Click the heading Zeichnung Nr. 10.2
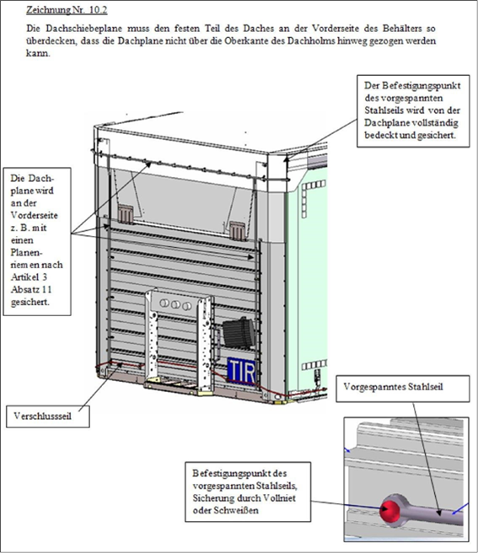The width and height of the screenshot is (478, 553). click(67, 10)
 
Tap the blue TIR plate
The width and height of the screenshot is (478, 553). click(242, 371)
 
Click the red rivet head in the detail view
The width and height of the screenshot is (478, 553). click(389, 510)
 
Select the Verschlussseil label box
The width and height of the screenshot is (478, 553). click(47, 416)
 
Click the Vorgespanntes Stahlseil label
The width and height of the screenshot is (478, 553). click(394, 387)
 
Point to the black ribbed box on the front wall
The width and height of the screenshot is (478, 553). click(239, 333)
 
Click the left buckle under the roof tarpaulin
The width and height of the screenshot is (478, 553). click(126, 213)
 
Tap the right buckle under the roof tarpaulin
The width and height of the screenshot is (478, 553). click(238, 230)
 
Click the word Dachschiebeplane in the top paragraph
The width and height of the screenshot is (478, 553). click(83, 28)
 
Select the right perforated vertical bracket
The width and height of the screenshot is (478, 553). click(205, 346)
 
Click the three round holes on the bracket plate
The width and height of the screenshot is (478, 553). click(175, 304)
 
